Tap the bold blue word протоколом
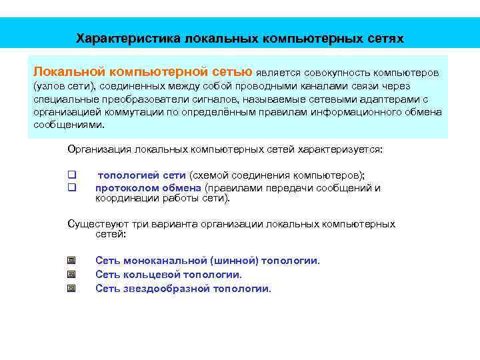[123, 187]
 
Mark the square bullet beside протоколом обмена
[71, 187]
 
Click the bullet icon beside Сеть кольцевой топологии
[71, 274]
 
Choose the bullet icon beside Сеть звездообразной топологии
[71, 289]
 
